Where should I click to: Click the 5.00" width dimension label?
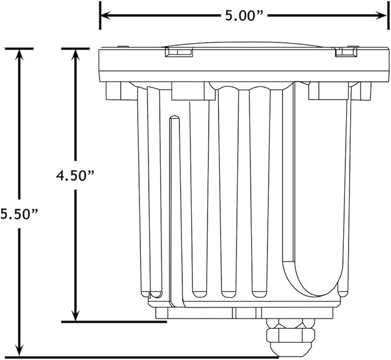244,16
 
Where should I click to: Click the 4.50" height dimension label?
75,175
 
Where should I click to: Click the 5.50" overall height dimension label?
19,214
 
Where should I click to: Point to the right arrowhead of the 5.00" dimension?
381,16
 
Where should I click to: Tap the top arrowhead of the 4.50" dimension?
75,55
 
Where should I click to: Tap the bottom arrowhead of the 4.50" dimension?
75,315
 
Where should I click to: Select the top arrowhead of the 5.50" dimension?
19,55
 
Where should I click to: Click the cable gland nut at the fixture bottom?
291,336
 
